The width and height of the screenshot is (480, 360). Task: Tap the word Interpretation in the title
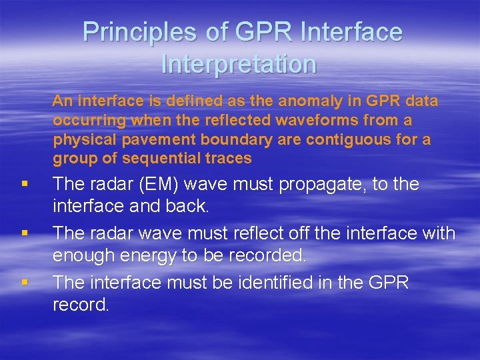tap(239, 64)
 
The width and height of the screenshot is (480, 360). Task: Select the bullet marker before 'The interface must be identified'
tap(25, 283)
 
